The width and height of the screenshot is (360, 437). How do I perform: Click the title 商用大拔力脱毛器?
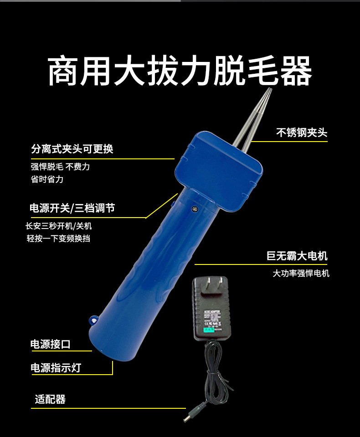(180, 71)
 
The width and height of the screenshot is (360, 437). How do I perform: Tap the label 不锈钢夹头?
(302, 132)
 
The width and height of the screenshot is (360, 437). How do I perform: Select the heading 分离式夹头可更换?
(72, 149)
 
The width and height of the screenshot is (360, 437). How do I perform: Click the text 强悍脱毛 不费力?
(60, 167)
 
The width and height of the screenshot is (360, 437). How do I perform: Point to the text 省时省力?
(47, 179)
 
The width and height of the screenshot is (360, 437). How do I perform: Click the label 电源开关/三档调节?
(72, 208)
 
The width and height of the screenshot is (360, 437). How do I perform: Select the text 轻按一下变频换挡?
(62, 239)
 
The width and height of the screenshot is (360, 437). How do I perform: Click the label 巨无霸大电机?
(297, 256)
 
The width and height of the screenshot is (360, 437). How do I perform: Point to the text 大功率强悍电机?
(301, 274)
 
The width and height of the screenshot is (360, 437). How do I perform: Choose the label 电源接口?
(50, 344)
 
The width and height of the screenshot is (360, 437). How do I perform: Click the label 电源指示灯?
(56, 368)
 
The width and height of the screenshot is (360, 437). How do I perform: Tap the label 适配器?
(50, 400)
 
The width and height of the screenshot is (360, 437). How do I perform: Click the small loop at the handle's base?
(94, 320)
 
